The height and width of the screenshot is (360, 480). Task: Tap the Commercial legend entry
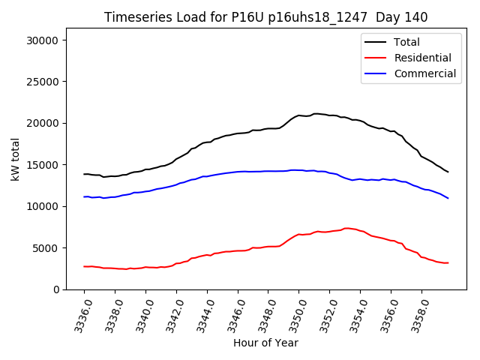coord(424,73)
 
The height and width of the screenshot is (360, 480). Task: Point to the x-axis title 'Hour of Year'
coord(265,343)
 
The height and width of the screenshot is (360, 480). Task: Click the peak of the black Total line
coord(316,113)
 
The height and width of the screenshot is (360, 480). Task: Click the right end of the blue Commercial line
coord(448,198)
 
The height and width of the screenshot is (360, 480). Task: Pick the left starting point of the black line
coord(84,174)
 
